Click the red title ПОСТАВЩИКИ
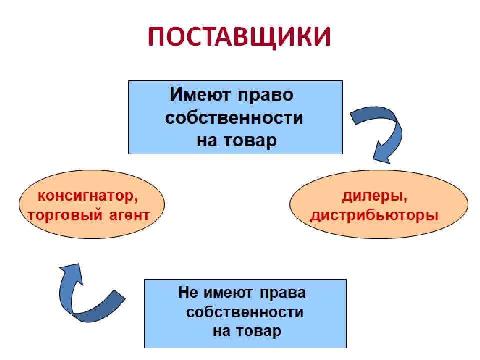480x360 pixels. click(239, 37)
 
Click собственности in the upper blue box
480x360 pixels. click(234, 118)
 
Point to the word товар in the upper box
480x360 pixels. click(250, 141)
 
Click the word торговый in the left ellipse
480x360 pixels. click(65, 216)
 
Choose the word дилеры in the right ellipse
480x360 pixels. click(374, 196)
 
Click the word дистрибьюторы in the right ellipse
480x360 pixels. click(374, 216)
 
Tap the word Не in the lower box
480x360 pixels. click(188, 292)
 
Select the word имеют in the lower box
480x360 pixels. click(228, 293)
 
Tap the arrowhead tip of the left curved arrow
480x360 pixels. click(79, 264)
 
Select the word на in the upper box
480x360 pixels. click(207, 142)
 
